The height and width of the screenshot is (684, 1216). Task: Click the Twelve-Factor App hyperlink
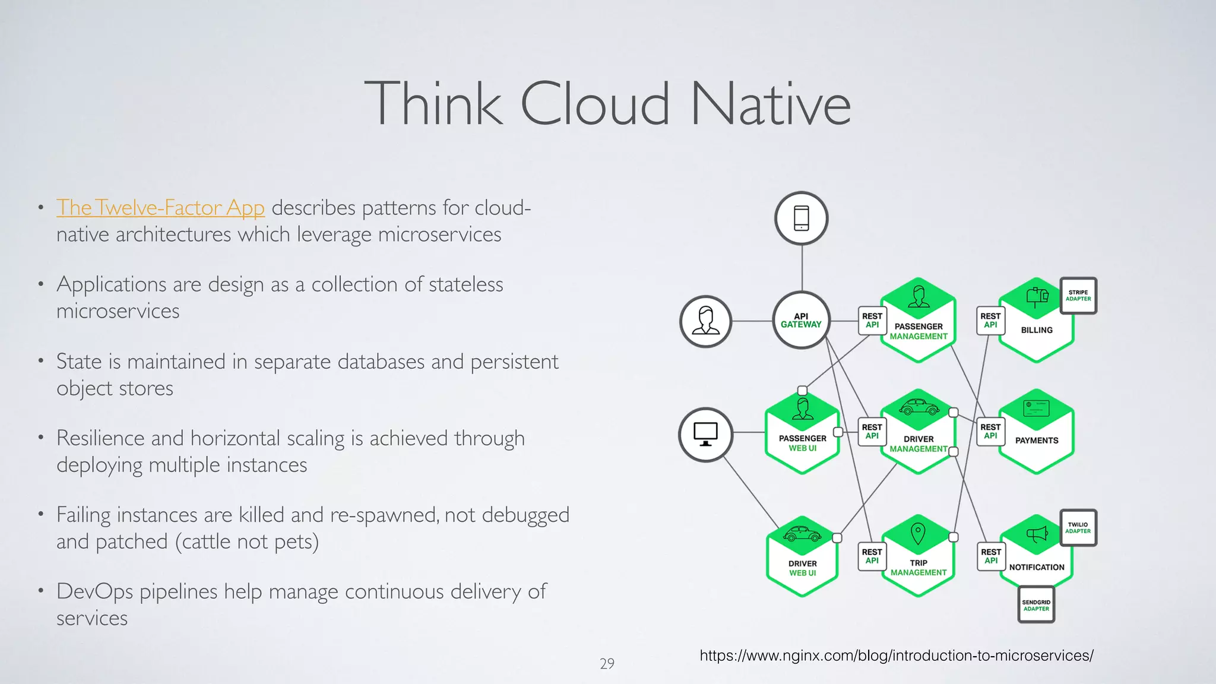(160, 208)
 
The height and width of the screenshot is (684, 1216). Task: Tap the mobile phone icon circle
(802, 218)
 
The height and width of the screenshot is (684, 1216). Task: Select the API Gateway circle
(801, 321)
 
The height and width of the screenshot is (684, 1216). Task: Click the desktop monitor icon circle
(705, 435)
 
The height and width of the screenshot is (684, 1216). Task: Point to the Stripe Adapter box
(1078, 296)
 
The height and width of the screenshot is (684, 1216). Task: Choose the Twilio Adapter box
(1078, 528)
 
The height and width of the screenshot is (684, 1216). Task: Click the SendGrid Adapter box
(1036, 605)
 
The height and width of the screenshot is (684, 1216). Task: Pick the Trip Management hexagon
(919, 558)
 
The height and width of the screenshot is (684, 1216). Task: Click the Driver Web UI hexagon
(802, 558)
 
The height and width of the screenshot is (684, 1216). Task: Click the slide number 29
(607, 664)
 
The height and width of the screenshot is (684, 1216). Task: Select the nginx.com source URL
(897, 655)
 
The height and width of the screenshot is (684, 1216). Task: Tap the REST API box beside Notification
(991, 556)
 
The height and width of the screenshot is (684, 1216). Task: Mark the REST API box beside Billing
(990, 321)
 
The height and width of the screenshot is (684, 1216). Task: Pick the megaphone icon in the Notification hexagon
(1037, 534)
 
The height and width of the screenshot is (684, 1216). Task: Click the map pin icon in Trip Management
(918, 533)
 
